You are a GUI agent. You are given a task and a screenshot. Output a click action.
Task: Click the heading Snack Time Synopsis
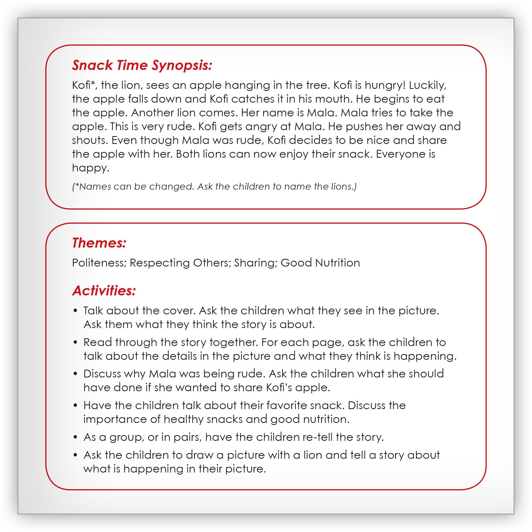point(142,65)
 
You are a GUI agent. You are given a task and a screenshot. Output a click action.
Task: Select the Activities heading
point(104,290)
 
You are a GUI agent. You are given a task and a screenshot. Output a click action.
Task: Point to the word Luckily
point(427,86)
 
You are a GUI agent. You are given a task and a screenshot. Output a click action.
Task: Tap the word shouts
point(90,141)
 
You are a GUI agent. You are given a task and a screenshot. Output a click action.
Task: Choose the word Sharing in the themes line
point(256,263)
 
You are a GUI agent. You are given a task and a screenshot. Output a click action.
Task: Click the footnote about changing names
point(214,187)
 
